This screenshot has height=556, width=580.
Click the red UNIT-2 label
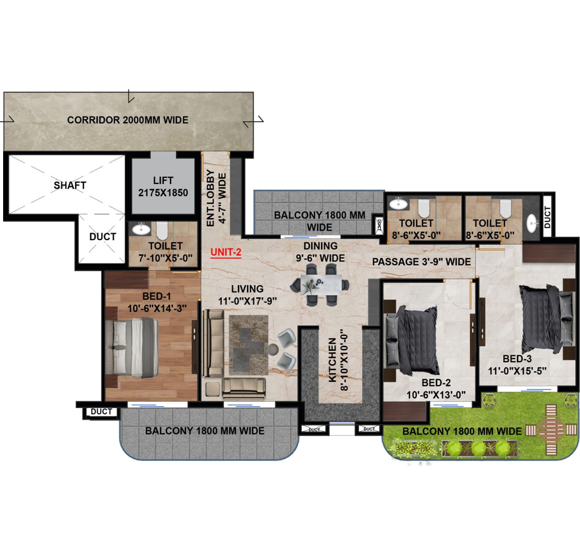click(x=226, y=253)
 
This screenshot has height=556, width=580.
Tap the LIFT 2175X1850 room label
click(x=163, y=187)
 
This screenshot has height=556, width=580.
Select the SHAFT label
click(x=70, y=186)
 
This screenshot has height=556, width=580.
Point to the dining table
click(x=321, y=284)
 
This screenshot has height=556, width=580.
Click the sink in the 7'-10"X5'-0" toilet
click(x=141, y=229)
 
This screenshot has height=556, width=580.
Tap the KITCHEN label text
click(x=333, y=360)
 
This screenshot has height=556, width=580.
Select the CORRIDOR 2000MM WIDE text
click(x=128, y=120)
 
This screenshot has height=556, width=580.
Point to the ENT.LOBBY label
click(x=210, y=198)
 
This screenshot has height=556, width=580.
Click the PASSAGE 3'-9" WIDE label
click(x=421, y=261)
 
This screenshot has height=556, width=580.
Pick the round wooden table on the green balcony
click(x=551, y=430)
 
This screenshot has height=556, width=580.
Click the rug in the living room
click(x=248, y=345)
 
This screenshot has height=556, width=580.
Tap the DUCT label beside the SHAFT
click(x=103, y=236)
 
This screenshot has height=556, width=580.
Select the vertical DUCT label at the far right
click(x=547, y=217)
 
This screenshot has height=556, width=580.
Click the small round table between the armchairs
click(x=273, y=349)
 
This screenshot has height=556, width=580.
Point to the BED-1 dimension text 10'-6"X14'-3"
click(x=157, y=308)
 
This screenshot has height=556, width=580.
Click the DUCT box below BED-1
click(x=101, y=412)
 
